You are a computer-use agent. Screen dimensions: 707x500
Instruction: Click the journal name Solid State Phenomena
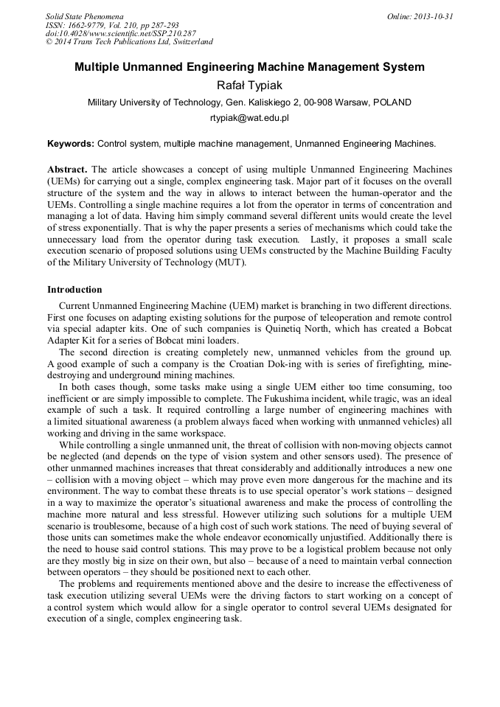coord(84,16)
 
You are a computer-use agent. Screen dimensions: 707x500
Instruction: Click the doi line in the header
coord(121,34)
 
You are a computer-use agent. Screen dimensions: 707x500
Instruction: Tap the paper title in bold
coord(249,67)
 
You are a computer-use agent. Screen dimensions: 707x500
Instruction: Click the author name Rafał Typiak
coord(249,86)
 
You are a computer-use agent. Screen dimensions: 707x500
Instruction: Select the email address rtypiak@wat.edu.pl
coord(249,117)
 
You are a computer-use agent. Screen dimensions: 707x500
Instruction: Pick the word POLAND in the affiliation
coord(392,102)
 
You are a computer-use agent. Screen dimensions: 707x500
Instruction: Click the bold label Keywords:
coord(71,143)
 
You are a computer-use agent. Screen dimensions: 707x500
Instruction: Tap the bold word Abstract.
coord(67,169)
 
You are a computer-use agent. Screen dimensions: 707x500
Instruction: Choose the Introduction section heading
coord(74,290)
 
